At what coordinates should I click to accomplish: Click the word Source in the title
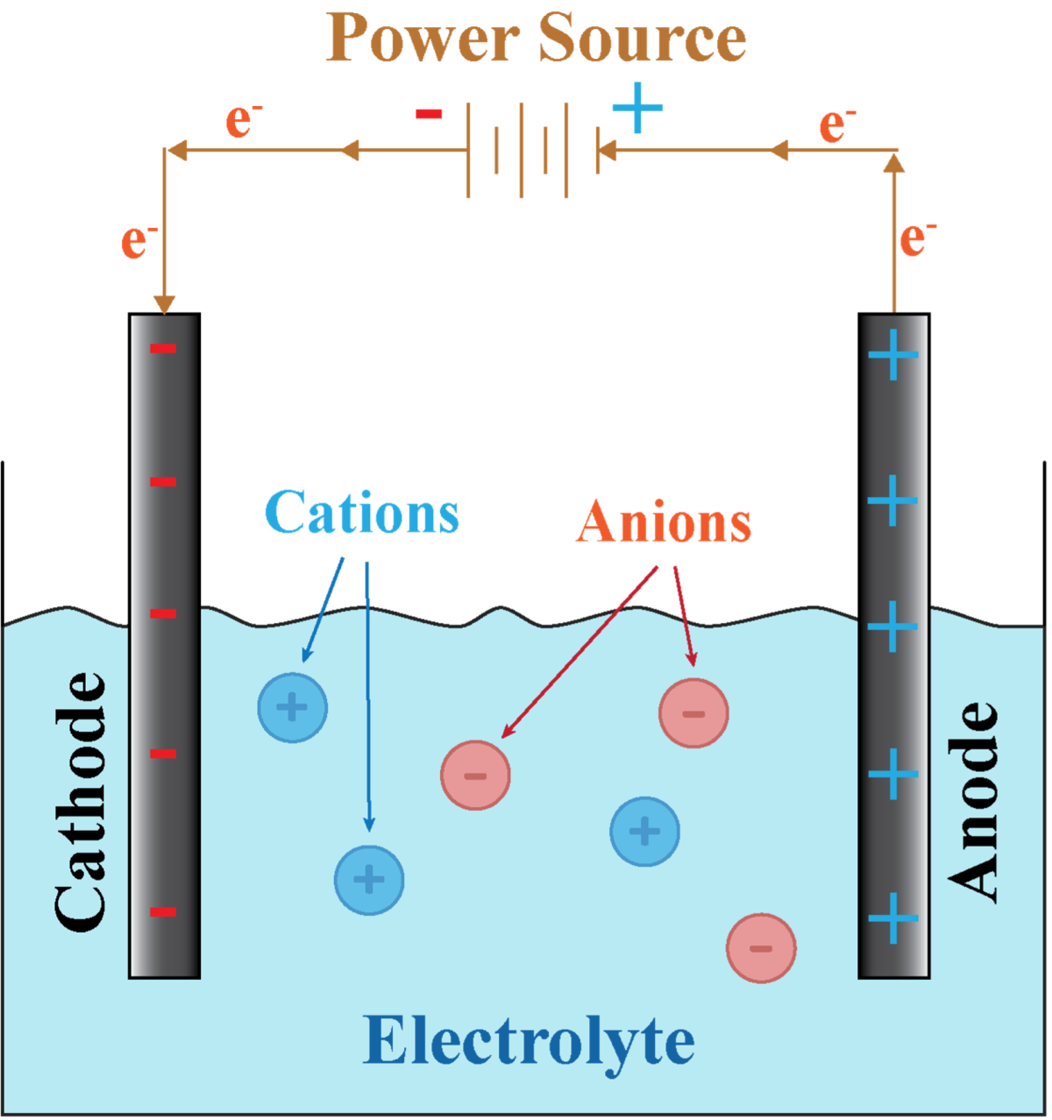click(642, 39)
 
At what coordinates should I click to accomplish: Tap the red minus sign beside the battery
click(429, 114)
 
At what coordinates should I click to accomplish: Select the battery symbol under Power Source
click(531, 150)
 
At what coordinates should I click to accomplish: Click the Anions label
click(664, 522)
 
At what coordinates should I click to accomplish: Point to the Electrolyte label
click(529, 1041)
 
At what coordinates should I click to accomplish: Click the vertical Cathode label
click(81, 800)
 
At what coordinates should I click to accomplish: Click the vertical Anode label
click(973, 800)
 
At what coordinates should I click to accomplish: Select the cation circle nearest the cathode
click(293, 707)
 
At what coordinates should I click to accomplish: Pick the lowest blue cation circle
click(369, 880)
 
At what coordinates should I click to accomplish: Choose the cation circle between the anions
click(645, 831)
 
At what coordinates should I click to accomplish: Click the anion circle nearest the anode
click(693, 712)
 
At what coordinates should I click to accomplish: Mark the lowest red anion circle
click(761, 947)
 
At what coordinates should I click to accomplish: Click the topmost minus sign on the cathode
click(164, 349)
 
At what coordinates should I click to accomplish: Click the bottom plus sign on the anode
click(893, 918)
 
